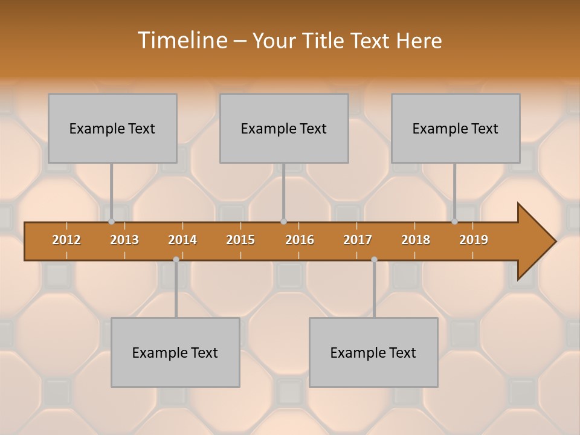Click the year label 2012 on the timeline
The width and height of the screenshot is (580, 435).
click(66, 240)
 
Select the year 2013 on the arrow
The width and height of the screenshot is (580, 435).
click(124, 240)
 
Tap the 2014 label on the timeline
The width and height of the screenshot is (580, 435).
click(182, 240)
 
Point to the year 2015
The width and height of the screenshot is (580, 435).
click(240, 240)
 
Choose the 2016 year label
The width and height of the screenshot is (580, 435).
click(300, 240)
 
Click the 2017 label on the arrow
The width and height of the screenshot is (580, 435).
click(358, 240)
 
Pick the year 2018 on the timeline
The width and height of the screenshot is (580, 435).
click(416, 240)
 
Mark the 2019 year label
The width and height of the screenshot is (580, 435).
click(474, 240)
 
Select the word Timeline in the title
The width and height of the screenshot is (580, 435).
click(181, 40)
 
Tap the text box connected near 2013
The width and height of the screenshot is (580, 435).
click(112, 128)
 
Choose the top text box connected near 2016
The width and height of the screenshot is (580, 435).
click(284, 128)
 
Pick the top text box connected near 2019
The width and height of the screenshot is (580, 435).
click(456, 128)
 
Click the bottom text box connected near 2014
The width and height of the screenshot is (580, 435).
click(175, 352)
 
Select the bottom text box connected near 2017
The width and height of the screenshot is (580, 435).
click(373, 352)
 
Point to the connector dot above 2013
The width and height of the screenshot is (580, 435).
click(111, 222)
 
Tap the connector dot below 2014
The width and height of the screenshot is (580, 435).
click(176, 259)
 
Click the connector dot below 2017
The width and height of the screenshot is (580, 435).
click(374, 259)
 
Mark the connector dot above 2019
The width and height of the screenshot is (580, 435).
click(454, 222)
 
